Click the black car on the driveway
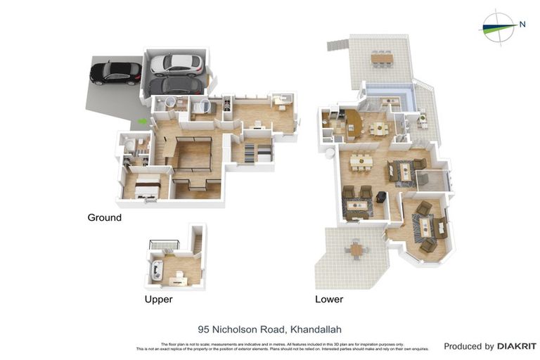[x=115, y=72]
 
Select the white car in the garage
[x=176, y=65]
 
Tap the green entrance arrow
[x=143, y=121]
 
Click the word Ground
[x=104, y=218]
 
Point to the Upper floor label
[x=158, y=299]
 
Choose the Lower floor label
[x=329, y=299]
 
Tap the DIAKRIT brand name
[x=517, y=346]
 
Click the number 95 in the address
[x=204, y=329]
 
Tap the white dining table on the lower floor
[x=361, y=161]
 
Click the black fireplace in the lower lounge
[x=382, y=198]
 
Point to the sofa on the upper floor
[x=156, y=269]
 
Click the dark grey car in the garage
[x=177, y=86]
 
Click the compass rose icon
[x=498, y=27]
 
